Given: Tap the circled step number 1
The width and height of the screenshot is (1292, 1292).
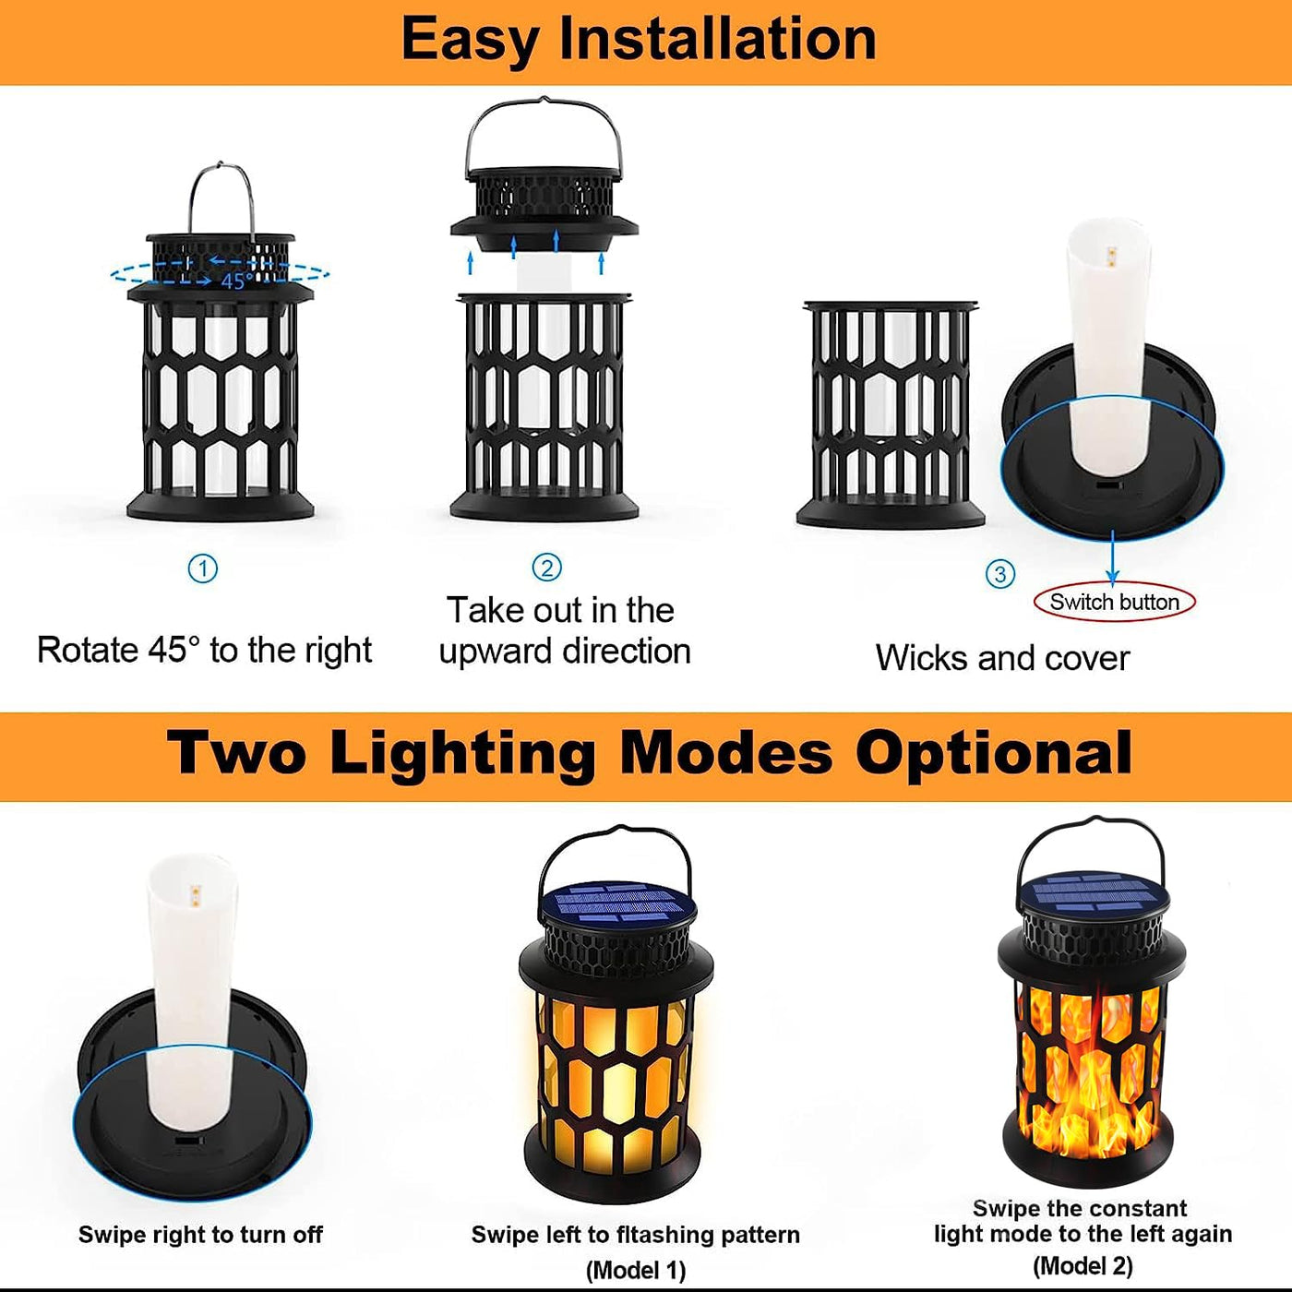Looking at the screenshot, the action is pyautogui.click(x=203, y=569).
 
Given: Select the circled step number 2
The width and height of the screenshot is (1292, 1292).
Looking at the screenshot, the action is pyautogui.click(x=546, y=568).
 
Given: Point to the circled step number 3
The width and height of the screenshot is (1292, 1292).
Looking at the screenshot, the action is pyautogui.click(x=999, y=574).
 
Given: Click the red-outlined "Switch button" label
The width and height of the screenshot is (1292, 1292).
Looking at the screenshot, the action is pyautogui.click(x=1114, y=602).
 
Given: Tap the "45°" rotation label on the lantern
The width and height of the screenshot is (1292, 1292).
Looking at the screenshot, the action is pyautogui.click(x=237, y=281).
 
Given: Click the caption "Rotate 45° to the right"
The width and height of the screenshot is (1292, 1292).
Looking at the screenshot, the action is pyautogui.click(x=205, y=650).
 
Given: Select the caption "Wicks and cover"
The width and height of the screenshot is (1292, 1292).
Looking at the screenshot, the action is pyautogui.click(x=1002, y=658).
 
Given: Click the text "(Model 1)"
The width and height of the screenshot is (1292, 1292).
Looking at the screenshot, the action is pyautogui.click(x=636, y=1271).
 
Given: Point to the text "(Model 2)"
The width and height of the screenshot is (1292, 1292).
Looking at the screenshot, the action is pyautogui.click(x=1083, y=1266).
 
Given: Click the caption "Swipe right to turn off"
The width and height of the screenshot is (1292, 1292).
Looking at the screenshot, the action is pyautogui.click(x=200, y=1235).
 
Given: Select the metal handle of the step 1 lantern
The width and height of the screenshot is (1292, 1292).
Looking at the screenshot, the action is pyautogui.click(x=221, y=197).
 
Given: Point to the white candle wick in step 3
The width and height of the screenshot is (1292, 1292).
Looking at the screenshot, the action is pyautogui.click(x=1109, y=349).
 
